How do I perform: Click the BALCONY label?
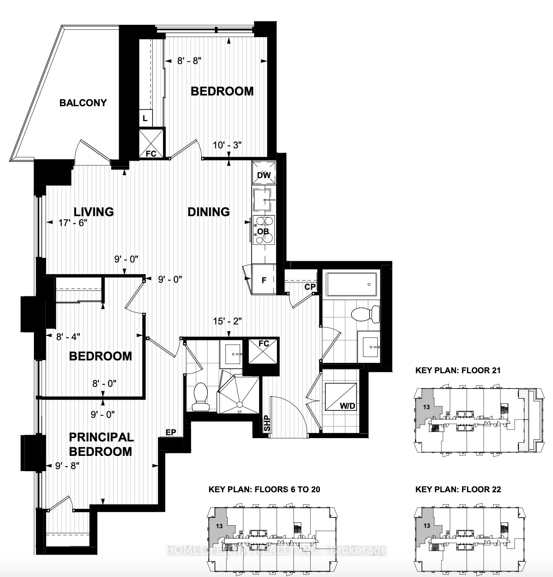coord(83,103)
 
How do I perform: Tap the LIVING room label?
coord(94,212)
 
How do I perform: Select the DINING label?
coord(209,212)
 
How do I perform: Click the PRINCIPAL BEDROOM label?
coord(101,444)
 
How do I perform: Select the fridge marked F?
coord(264,280)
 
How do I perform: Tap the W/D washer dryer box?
coord(341,396)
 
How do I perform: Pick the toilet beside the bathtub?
coord(366,315)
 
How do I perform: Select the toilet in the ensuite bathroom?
coord(201,397)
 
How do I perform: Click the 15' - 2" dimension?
coord(227,321)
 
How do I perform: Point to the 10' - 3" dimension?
coord(227,145)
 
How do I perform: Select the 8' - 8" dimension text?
coord(189,61)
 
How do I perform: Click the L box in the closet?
coord(145,118)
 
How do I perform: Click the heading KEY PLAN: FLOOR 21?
coord(458,370)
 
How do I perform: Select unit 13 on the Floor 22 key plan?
coord(427,526)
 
